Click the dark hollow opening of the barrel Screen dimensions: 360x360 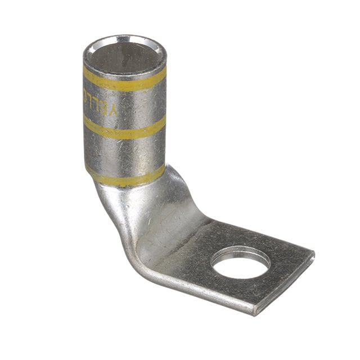coord(124,56)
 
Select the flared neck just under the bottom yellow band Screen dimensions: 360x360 coord(135,194)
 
